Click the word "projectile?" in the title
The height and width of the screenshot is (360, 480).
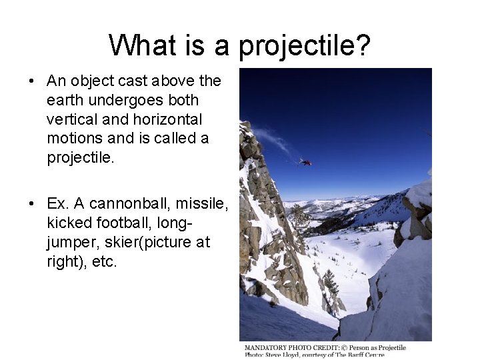click(305, 46)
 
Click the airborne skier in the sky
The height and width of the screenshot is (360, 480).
click(305, 161)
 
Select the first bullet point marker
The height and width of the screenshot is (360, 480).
click(31, 81)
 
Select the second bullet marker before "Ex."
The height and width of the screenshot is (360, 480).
click(31, 203)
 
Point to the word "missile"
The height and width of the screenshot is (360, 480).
click(201, 203)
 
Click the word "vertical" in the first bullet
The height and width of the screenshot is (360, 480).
click(71, 119)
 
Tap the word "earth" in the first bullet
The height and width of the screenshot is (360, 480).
click(64, 100)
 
